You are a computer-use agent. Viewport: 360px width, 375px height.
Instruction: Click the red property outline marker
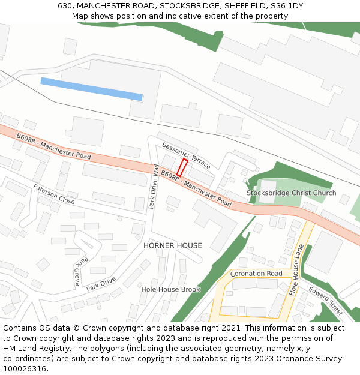182,167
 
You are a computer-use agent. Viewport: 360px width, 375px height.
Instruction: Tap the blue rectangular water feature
91,89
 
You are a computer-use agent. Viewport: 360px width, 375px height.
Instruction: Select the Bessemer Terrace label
186,155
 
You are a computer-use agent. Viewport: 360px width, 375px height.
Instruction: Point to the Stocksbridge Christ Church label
291,193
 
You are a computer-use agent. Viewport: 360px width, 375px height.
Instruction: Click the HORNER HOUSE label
173,246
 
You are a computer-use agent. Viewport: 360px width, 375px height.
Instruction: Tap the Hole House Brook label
170,289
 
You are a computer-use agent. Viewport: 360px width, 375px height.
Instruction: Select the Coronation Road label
256,274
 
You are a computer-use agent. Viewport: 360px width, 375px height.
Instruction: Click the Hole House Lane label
296,269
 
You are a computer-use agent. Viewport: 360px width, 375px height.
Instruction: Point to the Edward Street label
326,301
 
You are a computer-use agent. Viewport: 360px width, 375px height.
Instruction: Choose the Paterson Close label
54,194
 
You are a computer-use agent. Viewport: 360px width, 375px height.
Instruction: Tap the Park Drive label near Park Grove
100,283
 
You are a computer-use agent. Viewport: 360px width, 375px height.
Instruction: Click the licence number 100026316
25,369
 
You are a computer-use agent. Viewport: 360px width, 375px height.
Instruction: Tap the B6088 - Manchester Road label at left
53,146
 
